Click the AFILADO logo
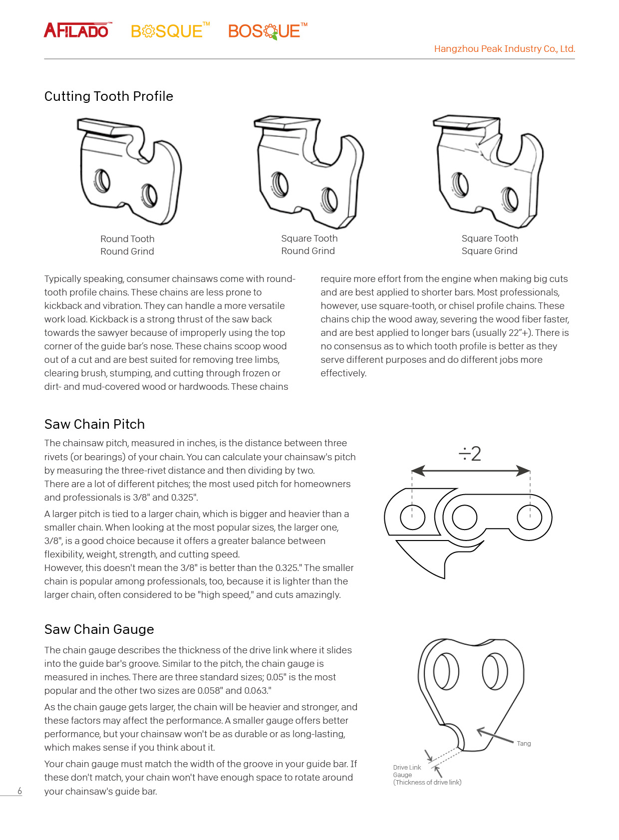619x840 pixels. click(x=77, y=30)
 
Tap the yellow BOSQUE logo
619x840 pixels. click(x=169, y=31)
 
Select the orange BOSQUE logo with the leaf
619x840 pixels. click(x=267, y=31)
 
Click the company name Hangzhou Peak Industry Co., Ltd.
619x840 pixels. click(x=504, y=49)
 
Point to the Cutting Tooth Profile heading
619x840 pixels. click(x=109, y=96)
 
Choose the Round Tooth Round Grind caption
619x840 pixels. click(x=127, y=245)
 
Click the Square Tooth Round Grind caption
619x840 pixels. click(x=309, y=245)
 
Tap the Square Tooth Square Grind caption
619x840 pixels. click(x=490, y=245)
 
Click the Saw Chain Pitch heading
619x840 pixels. click(x=94, y=424)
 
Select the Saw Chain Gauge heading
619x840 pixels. click(x=99, y=629)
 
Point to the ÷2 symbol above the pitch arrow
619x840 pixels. click(x=470, y=454)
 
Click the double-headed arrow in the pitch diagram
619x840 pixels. click(x=470, y=471)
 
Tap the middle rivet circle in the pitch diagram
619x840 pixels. click(x=464, y=517)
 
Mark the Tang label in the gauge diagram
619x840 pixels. click(x=524, y=744)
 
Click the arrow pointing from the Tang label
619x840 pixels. click(x=495, y=736)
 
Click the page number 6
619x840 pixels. click(x=20, y=791)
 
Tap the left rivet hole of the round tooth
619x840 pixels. click(x=102, y=181)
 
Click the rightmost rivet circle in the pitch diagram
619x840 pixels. click(x=530, y=517)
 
